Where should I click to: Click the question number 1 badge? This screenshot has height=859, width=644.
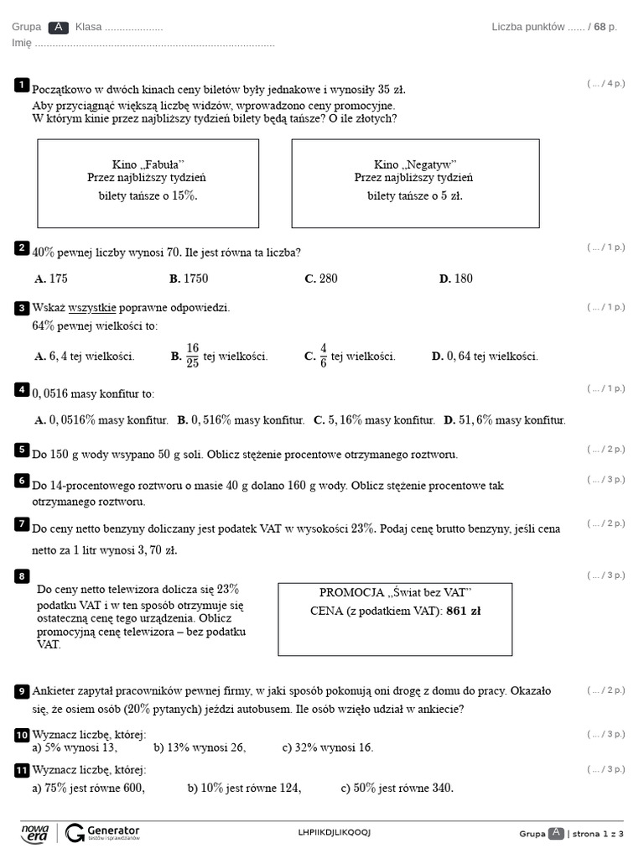(22, 85)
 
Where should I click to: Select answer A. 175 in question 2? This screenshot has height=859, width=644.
(51, 279)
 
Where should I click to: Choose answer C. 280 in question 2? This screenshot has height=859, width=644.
(321, 279)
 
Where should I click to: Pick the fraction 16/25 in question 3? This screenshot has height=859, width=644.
(192, 356)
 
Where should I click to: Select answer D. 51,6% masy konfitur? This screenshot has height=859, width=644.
(505, 420)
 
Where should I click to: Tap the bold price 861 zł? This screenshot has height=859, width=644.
(464, 611)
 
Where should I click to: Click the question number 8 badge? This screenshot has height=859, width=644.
(22, 575)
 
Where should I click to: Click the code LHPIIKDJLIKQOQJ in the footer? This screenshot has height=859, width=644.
(334, 832)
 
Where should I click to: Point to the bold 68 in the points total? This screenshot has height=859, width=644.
(600, 27)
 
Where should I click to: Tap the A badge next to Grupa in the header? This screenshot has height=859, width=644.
(59, 27)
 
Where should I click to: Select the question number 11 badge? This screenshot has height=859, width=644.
(22, 770)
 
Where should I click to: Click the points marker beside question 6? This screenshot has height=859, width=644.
(605, 480)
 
